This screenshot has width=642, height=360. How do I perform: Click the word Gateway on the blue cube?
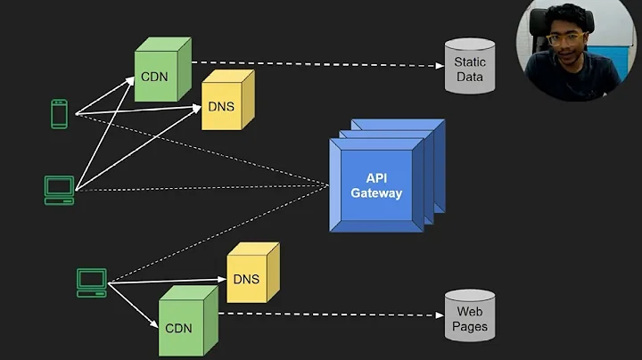(x=376, y=193)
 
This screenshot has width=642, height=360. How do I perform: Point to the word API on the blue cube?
(x=376, y=178)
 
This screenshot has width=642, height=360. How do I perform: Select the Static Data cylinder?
(x=469, y=67)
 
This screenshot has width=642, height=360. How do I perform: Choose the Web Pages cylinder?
(x=469, y=318)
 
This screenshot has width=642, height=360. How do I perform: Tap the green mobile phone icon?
(x=59, y=114)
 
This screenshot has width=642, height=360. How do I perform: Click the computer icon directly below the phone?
(x=59, y=189)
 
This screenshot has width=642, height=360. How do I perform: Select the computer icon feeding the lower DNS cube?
(x=91, y=282)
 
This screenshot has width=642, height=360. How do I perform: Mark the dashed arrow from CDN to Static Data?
(x=312, y=64)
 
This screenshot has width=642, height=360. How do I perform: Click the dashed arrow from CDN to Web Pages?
(x=330, y=314)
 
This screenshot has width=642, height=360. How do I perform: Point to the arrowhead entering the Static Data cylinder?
(x=440, y=65)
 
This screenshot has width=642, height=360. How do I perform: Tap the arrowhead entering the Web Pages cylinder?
(x=440, y=315)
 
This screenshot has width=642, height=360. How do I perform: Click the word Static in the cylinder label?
(x=469, y=62)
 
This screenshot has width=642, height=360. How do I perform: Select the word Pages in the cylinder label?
(x=470, y=326)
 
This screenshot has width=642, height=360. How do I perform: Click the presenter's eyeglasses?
(x=564, y=40)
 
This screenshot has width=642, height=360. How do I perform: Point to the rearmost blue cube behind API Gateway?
(x=419, y=134)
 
